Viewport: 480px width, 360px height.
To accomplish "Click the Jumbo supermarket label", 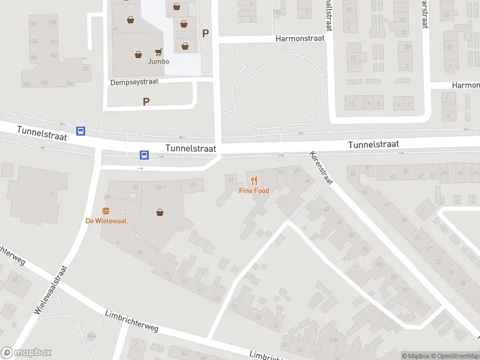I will click(x=159, y=61).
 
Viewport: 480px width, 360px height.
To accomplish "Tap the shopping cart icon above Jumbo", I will click(x=159, y=52).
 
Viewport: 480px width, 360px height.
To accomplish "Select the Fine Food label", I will click(x=254, y=191).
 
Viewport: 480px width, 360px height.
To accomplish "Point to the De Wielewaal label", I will click(x=106, y=221).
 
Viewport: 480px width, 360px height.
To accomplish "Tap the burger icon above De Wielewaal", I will click(x=106, y=211).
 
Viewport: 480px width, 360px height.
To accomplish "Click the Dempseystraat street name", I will click(x=134, y=82).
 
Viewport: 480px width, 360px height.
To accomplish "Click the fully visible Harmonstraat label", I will click(x=300, y=38).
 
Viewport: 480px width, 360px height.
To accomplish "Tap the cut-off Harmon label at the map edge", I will click(x=466, y=85).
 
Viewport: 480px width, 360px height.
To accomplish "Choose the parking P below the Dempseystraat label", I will click(x=146, y=102).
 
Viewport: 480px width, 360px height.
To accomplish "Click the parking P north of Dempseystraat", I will click(x=206, y=34).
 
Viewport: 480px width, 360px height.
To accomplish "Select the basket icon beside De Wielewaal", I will click(x=160, y=212).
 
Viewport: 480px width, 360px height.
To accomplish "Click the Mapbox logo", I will click(x=26, y=353).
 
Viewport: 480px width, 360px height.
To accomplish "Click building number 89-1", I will click(x=160, y=188).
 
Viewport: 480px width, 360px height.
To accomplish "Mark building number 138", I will click(x=52, y=23).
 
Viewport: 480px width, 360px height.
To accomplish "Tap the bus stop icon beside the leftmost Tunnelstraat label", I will click(x=80, y=131).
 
